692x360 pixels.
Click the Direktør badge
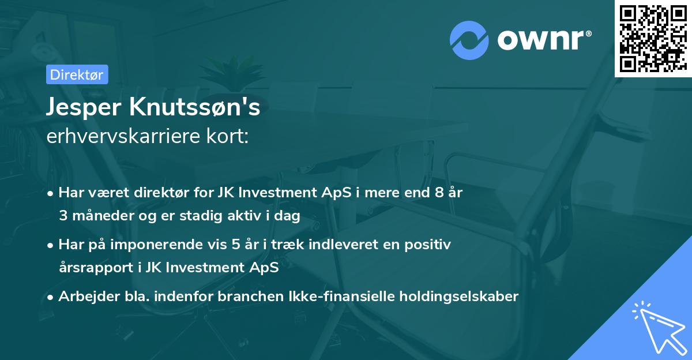tap(77, 74)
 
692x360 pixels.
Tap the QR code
tap(653, 38)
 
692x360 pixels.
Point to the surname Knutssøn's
tap(196, 107)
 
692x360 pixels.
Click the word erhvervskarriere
tap(119, 137)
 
